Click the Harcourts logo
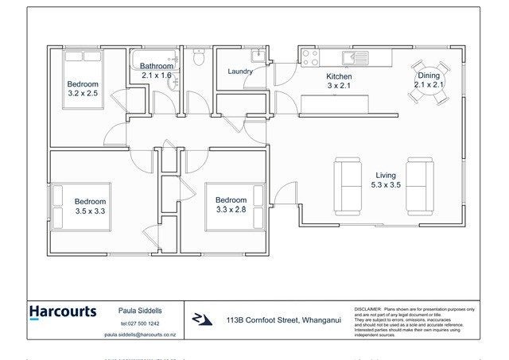(x=63, y=312)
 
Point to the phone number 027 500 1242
(x=141, y=324)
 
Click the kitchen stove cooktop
(x=309, y=58)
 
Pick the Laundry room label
(x=239, y=72)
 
